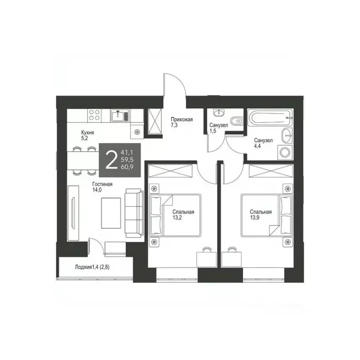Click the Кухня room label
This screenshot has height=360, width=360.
click(x=87, y=133)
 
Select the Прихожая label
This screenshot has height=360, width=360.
click(x=181, y=120)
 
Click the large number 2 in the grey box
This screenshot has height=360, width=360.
click(x=111, y=160)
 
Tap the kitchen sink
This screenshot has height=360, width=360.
click(x=120, y=115)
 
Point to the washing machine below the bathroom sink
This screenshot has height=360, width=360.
click(x=285, y=151)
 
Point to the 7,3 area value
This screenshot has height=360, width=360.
click(x=174, y=126)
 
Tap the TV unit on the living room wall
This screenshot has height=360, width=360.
click(x=73, y=214)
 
